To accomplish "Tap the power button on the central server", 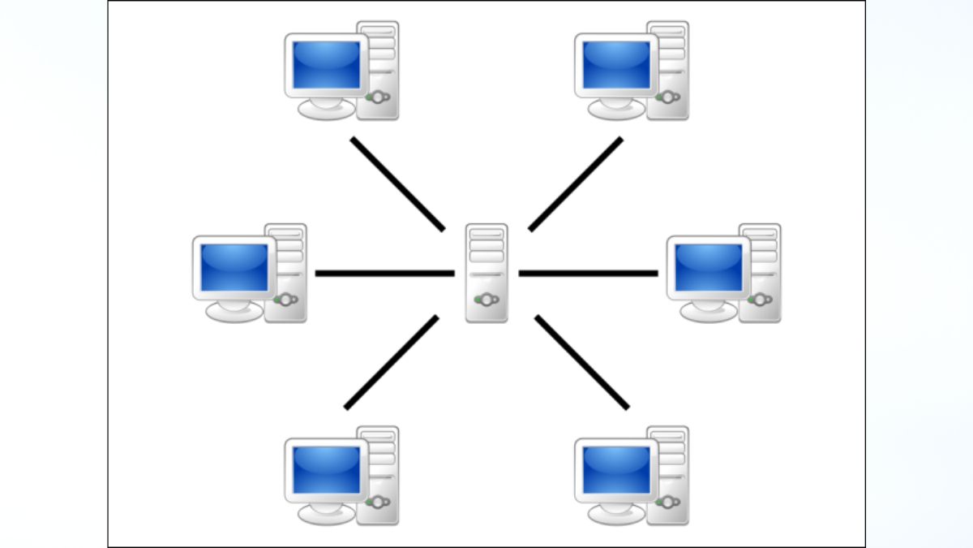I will click(486, 300).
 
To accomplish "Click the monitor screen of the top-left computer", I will click(327, 65).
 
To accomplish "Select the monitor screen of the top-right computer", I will click(617, 65).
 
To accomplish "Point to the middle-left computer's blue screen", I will click(234, 267).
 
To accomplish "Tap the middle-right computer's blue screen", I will click(709, 267).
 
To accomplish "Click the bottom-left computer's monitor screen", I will click(327, 469).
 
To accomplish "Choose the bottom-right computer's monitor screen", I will click(617, 469).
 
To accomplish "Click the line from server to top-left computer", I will click(397, 183).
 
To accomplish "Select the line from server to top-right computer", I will click(576, 183).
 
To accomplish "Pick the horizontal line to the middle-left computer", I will click(384, 273).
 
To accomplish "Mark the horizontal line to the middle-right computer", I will click(588, 273).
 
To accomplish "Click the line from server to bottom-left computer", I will click(392, 362).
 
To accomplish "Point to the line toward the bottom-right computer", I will click(581, 362).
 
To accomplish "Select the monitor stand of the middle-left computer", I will click(235, 310).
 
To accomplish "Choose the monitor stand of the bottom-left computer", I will click(327, 512).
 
